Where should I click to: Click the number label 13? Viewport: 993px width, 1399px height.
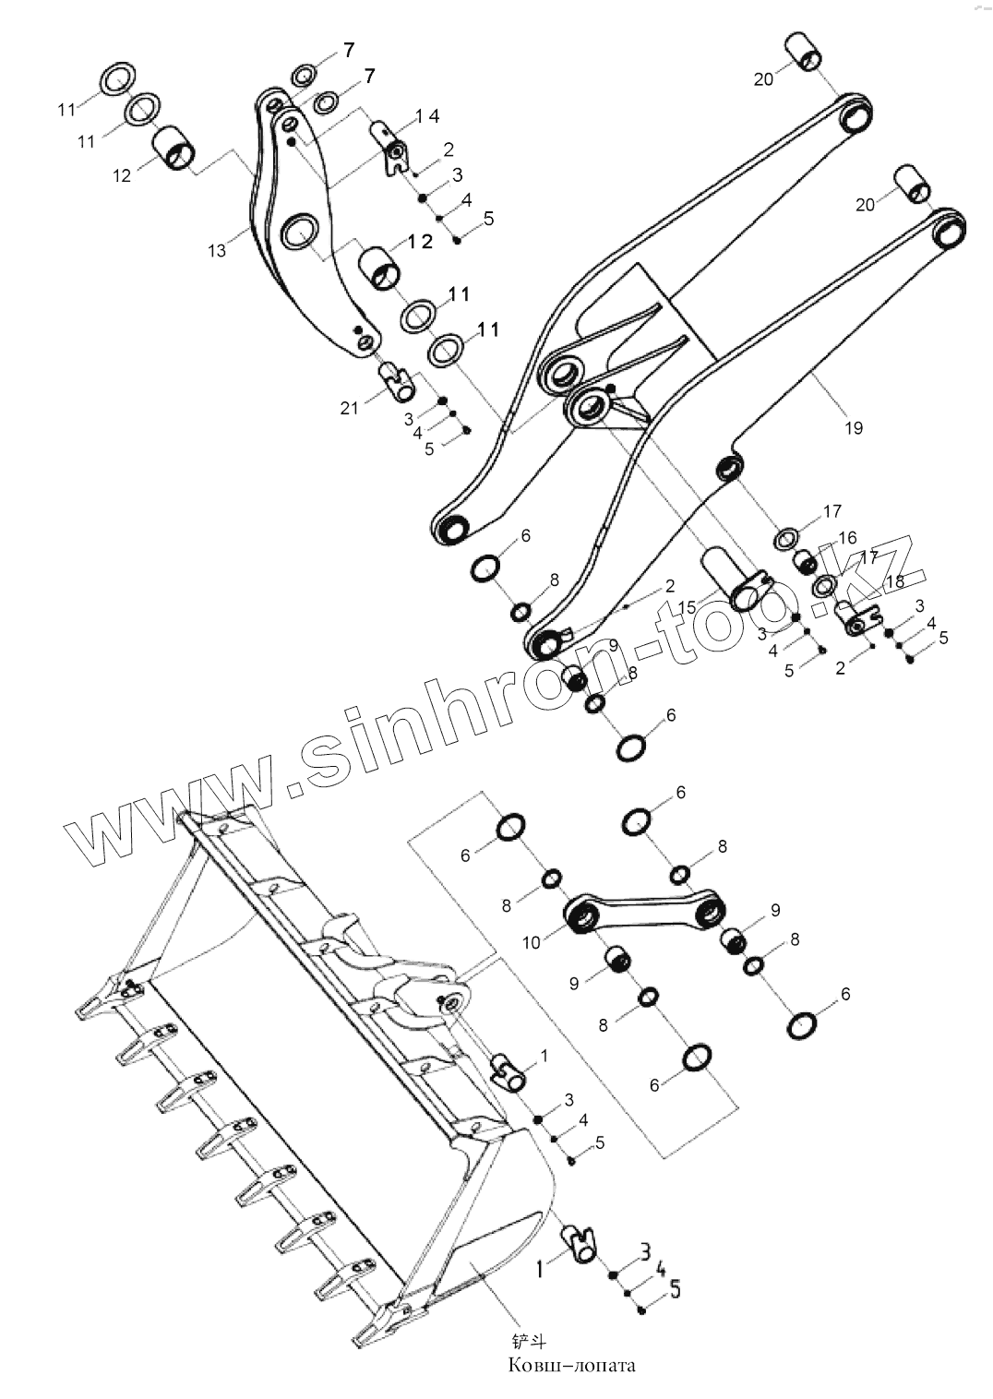tap(217, 250)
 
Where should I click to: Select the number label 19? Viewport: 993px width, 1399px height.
tap(853, 427)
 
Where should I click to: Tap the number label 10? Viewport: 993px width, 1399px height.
tap(531, 943)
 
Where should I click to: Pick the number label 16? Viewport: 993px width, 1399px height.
tap(847, 538)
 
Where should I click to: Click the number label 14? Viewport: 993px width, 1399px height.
tap(426, 116)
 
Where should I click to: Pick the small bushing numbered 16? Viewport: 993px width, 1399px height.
tap(806, 561)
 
